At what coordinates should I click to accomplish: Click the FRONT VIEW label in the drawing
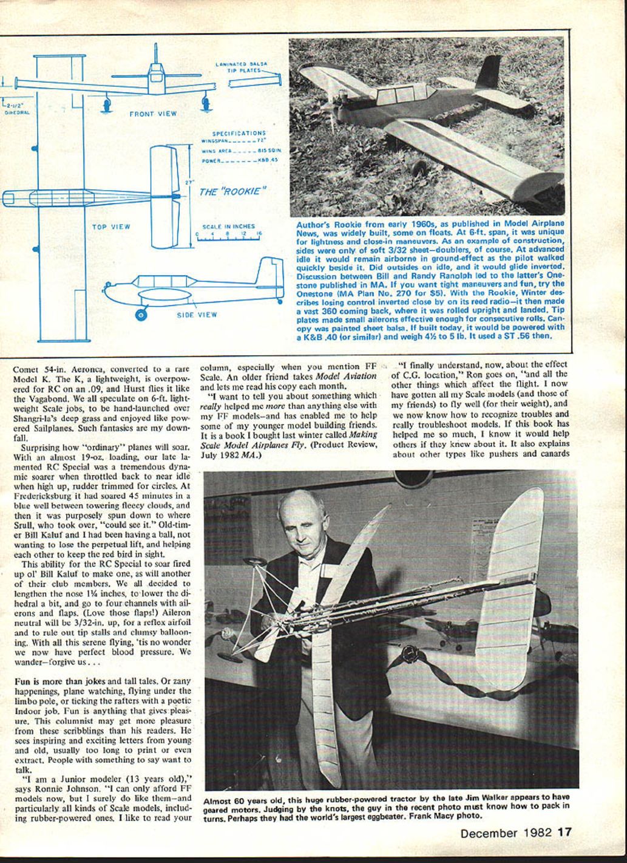pos(152,114)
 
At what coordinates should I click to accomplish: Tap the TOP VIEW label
pos(110,227)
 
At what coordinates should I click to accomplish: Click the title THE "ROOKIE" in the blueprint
pos(233,192)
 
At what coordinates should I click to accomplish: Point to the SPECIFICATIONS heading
pos(239,133)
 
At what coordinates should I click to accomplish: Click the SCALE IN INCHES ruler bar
pos(228,238)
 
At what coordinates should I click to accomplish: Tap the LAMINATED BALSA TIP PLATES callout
pos(242,67)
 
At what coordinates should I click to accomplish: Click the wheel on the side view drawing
pos(142,314)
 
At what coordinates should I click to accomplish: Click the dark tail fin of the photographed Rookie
pos(490,73)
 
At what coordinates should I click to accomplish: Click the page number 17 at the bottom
pos(565,833)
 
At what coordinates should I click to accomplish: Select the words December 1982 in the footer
pos(507,833)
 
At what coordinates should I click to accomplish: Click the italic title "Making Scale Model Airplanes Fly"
pos(289,438)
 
